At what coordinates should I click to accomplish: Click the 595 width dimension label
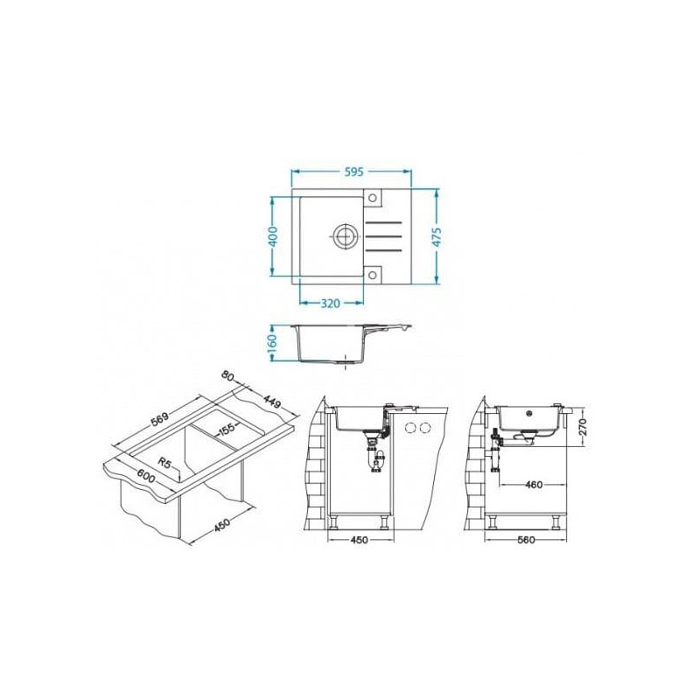(354, 171)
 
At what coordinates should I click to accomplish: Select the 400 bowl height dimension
(273, 236)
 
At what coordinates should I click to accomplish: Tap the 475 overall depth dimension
(437, 237)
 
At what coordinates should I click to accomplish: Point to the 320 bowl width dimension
(331, 304)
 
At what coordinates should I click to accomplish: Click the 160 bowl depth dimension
(273, 342)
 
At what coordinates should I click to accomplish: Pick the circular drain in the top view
(344, 234)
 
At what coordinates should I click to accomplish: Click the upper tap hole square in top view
(373, 198)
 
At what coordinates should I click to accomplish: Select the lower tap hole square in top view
(373, 274)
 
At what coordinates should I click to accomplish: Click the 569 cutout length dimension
(159, 421)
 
